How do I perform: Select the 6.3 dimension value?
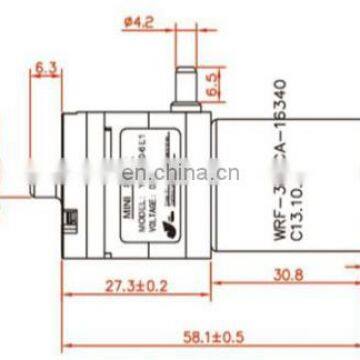(x=45, y=68)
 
